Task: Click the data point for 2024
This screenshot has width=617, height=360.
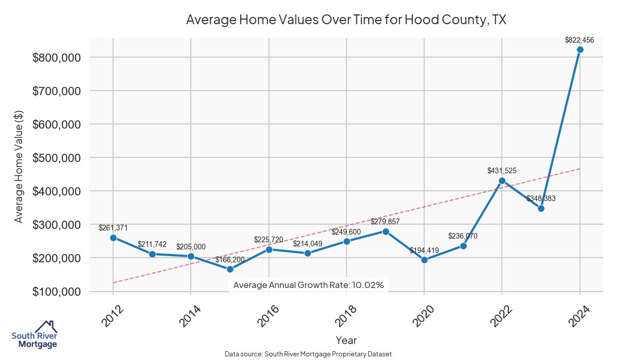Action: tap(580, 50)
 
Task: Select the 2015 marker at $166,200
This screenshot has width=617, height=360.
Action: tap(230, 269)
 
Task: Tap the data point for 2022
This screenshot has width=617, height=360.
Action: tap(502, 181)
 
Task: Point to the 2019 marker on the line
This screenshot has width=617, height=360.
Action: tap(386, 231)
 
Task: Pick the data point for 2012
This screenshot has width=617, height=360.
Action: tap(113, 238)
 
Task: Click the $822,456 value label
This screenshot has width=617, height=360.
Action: tap(579, 40)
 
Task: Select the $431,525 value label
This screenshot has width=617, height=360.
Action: tap(502, 170)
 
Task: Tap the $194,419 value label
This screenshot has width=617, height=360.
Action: tap(424, 250)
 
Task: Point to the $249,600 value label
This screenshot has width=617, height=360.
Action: tap(346, 232)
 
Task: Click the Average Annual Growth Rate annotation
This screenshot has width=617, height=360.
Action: tap(308, 285)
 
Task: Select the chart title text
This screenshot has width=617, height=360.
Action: tap(346, 20)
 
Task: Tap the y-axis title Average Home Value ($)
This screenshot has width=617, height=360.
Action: tap(19, 166)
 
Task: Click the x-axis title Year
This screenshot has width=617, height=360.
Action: tap(346, 340)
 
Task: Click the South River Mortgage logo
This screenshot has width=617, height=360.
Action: tap(34, 335)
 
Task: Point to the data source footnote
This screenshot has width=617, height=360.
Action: tap(308, 354)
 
